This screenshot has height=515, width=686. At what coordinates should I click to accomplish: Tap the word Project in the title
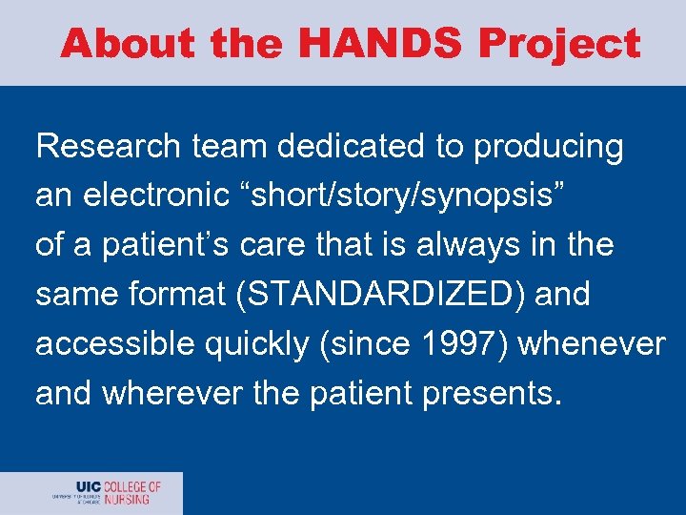coord(559,44)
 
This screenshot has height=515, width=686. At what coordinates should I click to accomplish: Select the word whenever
coord(591,344)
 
